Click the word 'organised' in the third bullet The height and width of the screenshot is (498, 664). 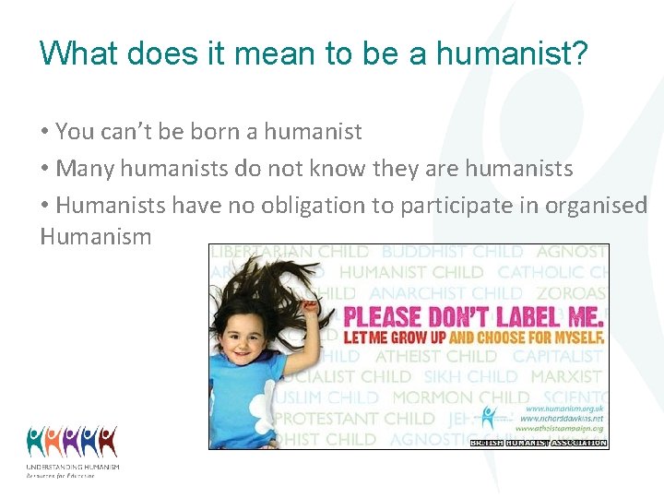(599, 206)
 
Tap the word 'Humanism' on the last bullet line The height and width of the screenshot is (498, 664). (96, 237)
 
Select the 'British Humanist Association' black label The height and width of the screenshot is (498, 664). (539, 443)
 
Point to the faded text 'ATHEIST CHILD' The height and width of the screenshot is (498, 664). (435, 356)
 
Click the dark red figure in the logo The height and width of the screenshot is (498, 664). (108, 441)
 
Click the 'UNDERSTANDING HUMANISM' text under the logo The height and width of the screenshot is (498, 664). (73, 468)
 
